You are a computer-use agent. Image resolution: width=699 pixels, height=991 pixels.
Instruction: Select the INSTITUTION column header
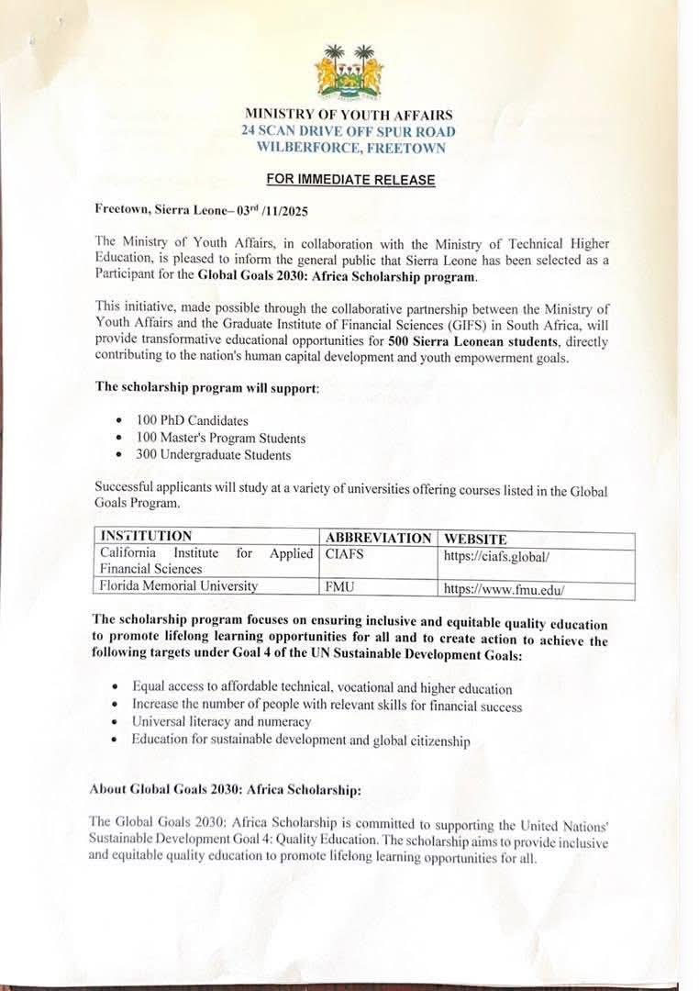coord(147,536)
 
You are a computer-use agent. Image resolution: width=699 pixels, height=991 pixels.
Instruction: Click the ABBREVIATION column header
coord(378,538)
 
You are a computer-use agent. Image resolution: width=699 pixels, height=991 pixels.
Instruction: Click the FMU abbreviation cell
coord(340,585)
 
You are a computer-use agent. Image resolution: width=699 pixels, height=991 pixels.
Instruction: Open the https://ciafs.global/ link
coord(496,556)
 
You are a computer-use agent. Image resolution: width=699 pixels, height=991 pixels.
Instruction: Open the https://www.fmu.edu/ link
coord(505,588)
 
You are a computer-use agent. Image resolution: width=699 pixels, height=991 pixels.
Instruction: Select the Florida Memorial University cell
coord(179,585)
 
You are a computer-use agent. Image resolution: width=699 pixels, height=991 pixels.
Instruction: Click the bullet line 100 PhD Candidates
coord(192,420)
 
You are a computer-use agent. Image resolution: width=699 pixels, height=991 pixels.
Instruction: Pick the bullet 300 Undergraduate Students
coord(213,454)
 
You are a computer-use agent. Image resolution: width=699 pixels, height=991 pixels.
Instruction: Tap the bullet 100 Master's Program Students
coord(220,438)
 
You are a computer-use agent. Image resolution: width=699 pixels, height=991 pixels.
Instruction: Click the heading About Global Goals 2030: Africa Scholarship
coord(233,788)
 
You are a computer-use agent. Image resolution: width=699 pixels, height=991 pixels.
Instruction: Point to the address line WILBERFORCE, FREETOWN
coord(351,147)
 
